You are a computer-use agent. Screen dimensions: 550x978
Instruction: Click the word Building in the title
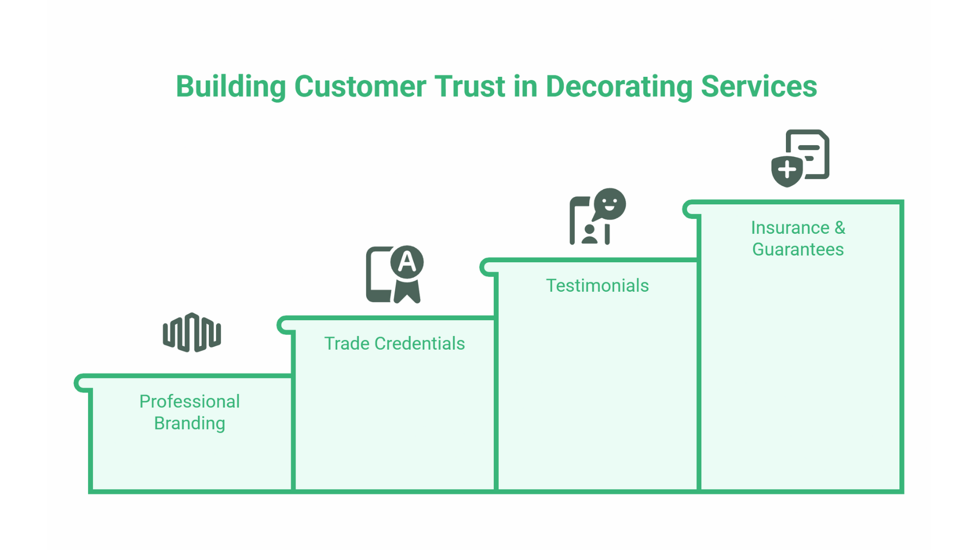[x=230, y=87]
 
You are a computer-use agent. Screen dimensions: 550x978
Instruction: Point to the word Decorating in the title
[x=619, y=87]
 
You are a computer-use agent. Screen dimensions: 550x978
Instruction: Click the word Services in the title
[x=758, y=87]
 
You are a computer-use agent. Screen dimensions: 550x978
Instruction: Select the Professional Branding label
[x=189, y=412]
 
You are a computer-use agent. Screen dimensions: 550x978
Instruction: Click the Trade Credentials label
[x=394, y=344]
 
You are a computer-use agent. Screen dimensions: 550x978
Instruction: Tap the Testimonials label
[x=597, y=286]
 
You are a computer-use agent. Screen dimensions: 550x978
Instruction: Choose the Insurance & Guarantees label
[x=798, y=238]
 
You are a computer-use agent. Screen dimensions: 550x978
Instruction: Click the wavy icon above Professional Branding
[x=192, y=333]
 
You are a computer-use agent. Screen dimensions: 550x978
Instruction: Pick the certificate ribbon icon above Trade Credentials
[x=394, y=275]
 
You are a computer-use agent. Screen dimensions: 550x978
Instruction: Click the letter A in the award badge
[x=407, y=262]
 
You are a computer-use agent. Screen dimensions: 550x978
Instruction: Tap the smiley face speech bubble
[x=610, y=204]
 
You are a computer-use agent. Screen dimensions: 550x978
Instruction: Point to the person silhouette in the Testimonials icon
[x=589, y=234]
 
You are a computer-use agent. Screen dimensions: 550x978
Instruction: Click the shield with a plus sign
[x=787, y=170]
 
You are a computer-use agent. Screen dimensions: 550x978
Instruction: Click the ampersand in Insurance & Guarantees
[x=839, y=228]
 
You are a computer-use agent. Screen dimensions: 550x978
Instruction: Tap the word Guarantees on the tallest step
[x=798, y=250]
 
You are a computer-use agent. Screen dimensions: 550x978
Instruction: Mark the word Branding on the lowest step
[x=189, y=424]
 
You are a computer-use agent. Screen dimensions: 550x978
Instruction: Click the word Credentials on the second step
[x=419, y=344]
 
